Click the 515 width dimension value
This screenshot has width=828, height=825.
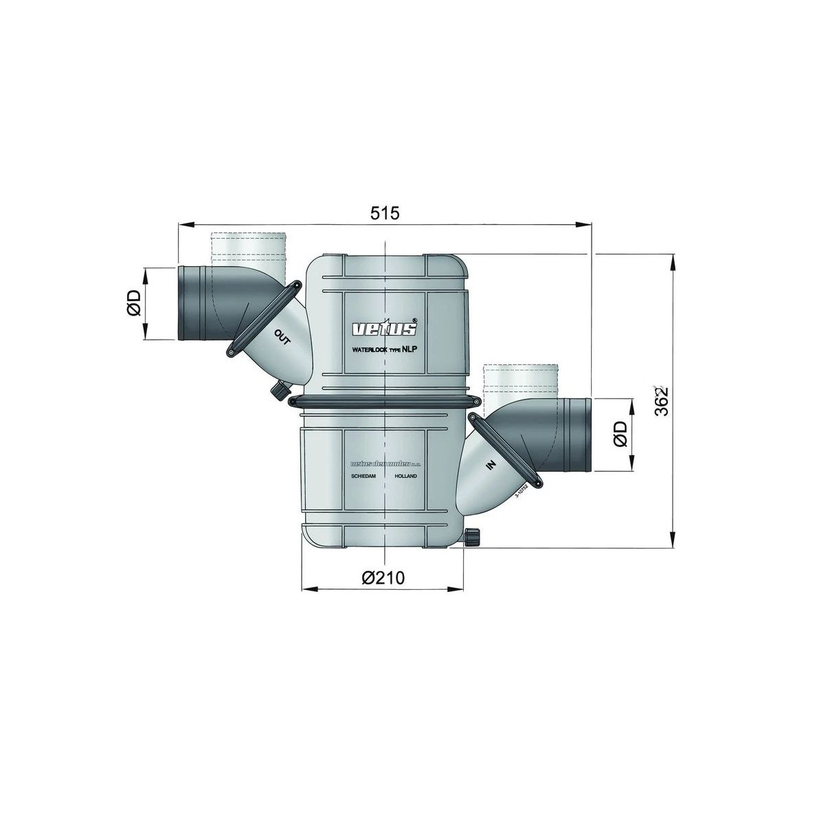point(385,213)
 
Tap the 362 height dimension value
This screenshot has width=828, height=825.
point(661,401)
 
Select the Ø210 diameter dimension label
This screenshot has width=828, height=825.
point(383,577)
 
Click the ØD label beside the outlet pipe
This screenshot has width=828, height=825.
point(133,302)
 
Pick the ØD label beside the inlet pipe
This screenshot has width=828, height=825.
point(620,434)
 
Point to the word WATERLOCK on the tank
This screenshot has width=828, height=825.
point(370,350)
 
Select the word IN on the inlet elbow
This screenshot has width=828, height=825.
point(491,465)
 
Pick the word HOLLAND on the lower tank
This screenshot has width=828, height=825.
point(406,476)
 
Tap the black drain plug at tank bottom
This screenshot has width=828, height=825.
point(472,538)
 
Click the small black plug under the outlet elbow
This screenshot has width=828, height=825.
point(278,391)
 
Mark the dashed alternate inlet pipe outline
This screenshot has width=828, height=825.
point(519,378)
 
